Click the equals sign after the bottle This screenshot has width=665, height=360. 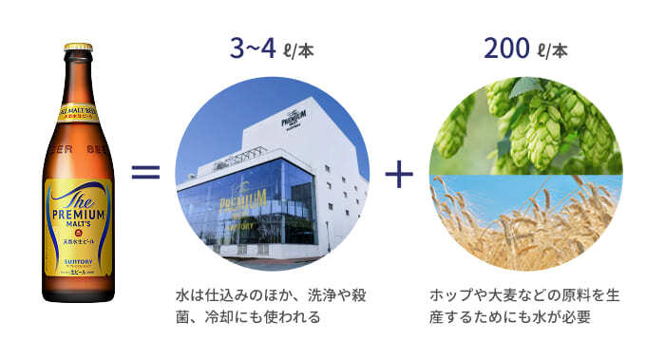(x=144, y=173)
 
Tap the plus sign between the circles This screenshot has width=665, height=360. (x=400, y=174)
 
